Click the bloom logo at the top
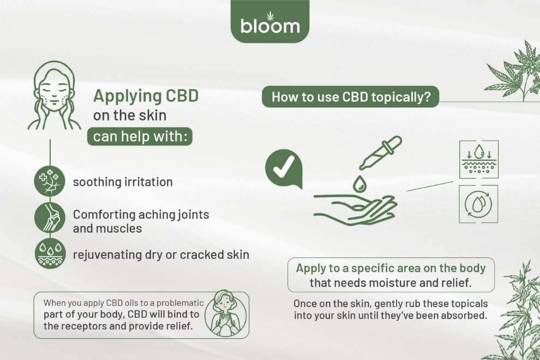click(x=270, y=21)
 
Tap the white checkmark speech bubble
click(x=284, y=169)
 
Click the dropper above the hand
click(x=380, y=153)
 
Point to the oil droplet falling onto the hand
click(x=359, y=184)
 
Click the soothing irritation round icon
click(x=50, y=181)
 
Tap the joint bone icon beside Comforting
click(x=50, y=218)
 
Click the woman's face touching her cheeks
click(x=54, y=95)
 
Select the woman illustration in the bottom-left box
click(x=226, y=313)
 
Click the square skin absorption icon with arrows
click(x=479, y=159)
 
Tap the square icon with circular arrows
click(x=478, y=204)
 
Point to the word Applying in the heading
click(x=127, y=97)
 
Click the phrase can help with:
click(x=140, y=136)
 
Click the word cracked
click(x=202, y=255)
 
